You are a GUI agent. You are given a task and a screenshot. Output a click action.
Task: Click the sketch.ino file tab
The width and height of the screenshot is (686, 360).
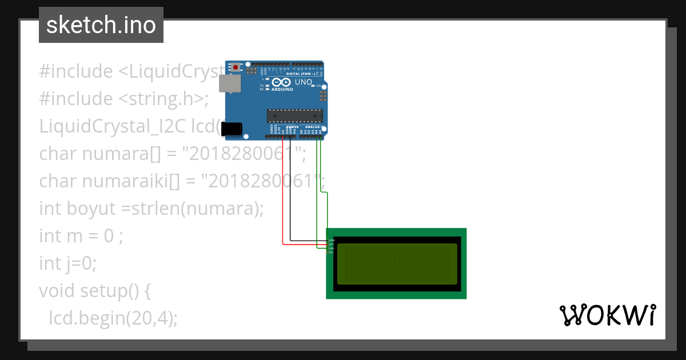pos(101,25)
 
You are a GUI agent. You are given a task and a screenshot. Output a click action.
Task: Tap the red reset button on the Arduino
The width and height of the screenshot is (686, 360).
pos(235,67)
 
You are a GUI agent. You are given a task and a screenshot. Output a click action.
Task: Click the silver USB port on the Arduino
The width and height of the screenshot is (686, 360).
pos(230,84)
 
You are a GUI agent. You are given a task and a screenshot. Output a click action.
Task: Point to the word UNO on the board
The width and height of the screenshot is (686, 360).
pos(304,82)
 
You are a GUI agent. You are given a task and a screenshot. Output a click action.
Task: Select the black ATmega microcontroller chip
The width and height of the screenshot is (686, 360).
pos(294,115)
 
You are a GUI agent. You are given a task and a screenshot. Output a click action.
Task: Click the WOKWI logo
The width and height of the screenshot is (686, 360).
pos(607,315)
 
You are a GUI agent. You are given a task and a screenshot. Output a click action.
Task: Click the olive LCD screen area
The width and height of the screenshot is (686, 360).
pos(397,264)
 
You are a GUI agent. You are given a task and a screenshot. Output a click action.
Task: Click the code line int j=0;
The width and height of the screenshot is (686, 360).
pos(68,263)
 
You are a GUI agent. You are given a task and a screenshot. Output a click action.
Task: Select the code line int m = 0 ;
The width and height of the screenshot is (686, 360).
pos(81,236)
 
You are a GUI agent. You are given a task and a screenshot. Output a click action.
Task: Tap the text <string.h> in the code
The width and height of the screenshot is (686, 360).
pos(163,99)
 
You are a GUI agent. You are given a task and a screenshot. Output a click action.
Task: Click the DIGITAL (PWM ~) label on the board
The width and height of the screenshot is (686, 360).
pos(300,74)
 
